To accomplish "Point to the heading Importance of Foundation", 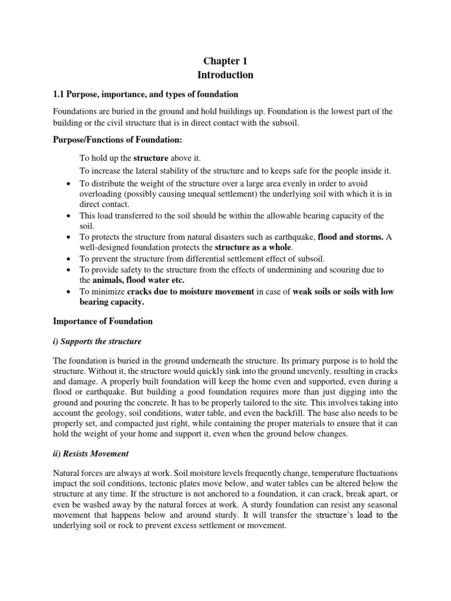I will (103, 321).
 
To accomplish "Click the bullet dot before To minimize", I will (68, 292).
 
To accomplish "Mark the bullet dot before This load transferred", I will (68, 216).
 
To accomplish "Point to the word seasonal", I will (381, 505).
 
